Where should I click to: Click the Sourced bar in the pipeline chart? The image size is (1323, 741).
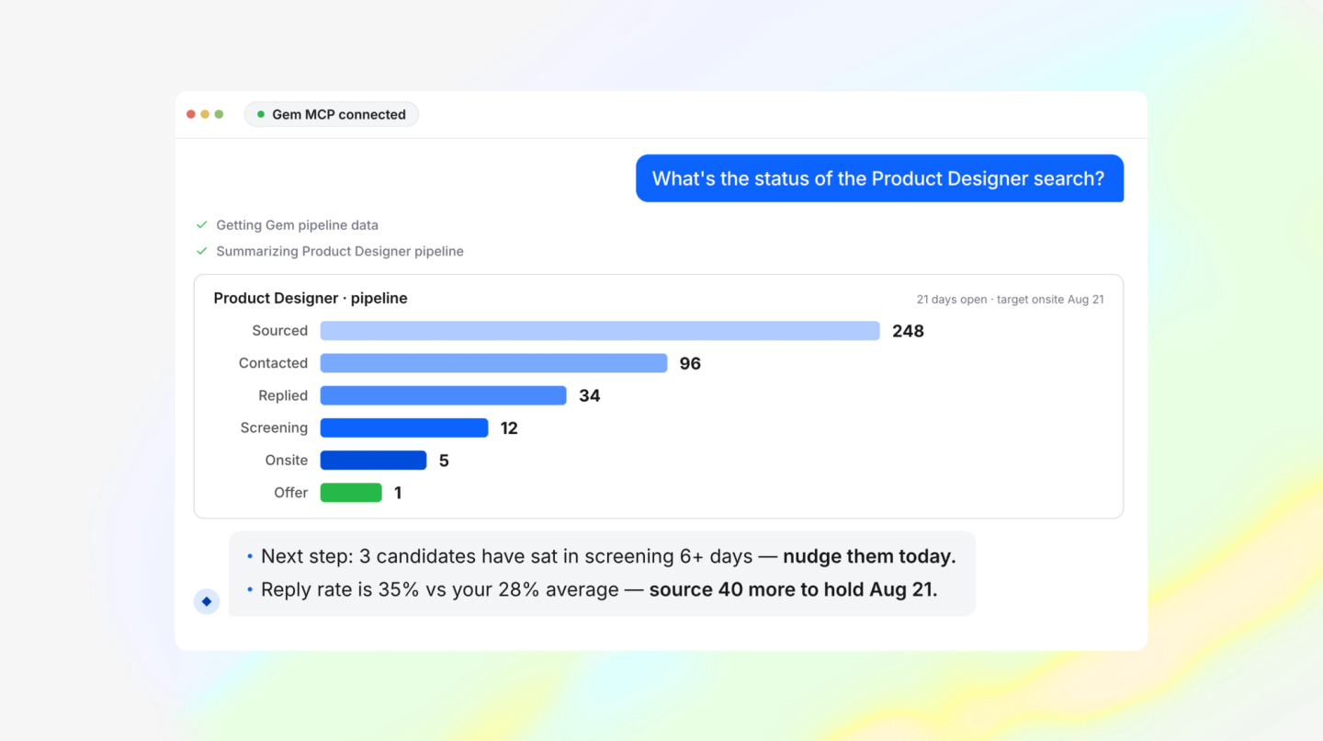(599, 330)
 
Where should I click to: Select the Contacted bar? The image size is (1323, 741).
(493, 363)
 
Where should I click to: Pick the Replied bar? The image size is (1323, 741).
(443, 395)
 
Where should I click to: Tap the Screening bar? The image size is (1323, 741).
(404, 427)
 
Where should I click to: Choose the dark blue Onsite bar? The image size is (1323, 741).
(373, 461)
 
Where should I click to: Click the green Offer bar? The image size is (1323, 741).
(351, 493)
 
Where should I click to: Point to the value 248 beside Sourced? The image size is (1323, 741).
(908, 331)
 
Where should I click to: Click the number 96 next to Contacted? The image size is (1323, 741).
(690, 363)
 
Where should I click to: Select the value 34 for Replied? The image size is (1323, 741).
(590, 396)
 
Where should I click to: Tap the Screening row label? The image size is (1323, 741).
(274, 427)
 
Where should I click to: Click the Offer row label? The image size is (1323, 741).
(290, 493)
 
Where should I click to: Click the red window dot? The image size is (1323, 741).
(191, 114)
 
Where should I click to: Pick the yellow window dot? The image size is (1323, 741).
(205, 114)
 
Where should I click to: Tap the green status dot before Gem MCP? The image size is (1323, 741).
(261, 114)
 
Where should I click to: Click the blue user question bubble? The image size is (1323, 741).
(879, 178)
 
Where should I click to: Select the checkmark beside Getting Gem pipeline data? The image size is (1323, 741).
(202, 224)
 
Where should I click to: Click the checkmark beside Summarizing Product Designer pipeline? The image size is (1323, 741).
(202, 251)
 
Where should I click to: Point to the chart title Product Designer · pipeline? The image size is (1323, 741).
(311, 299)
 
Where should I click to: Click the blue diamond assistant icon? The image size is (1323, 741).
(207, 601)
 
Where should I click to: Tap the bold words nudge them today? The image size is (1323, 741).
(869, 556)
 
